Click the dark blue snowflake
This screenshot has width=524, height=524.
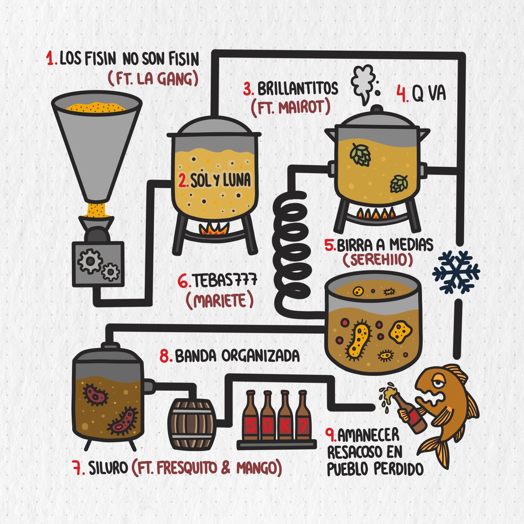(x=456, y=272)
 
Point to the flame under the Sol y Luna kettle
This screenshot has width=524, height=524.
(x=214, y=229)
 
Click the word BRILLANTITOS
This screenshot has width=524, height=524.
(x=298, y=89)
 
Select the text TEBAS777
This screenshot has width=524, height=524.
(x=224, y=280)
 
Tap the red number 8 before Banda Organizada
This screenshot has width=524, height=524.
(x=165, y=356)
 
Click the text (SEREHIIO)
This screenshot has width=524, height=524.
(x=377, y=260)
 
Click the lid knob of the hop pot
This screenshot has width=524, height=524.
(x=377, y=108)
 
